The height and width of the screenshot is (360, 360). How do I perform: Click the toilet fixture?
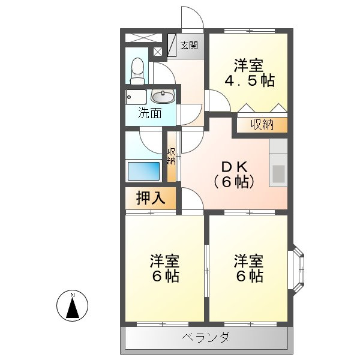pyautogui.click(x=137, y=71)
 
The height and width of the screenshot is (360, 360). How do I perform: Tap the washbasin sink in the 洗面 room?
pyautogui.click(x=163, y=97)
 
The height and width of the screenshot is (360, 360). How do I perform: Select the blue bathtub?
pyautogui.click(x=143, y=171)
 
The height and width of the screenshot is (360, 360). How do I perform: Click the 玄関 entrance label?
pyautogui.click(x=189, y=46)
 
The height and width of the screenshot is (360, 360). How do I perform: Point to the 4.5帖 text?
pyautogui.click(x=250, y=80)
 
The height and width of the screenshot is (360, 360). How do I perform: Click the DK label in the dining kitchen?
pyautogui.click(x=234, y=167)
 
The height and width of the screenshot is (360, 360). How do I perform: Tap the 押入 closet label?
pyautogui.click(x=151, y=198)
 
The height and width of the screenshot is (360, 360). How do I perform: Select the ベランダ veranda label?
pyautogui.click(x=205, y=337)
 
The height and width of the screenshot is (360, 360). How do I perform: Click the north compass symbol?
pyautogui.click(x=73, y=305)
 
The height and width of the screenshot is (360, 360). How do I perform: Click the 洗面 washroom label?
pyautogui.click(x=149, y=113)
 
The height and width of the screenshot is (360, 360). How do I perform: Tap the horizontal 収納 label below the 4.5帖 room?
pyautogui.click(x=262, y=125)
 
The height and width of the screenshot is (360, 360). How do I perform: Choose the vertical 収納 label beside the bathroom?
pyautogui.click(x=171, y=156)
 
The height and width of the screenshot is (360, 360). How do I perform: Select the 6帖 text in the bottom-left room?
pyautogui.click(x=166, y=276)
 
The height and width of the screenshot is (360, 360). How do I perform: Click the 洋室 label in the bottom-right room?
pyautogui.click(x=248, y=261)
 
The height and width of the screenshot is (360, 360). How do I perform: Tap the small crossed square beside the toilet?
pyautogui.click(x=157, y=52)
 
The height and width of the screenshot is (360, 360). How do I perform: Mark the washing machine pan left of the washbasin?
pyautogui.click(x=136, y=97)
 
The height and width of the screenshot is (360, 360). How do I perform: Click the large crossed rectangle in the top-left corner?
pyautogui.click(x=144, y=38)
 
